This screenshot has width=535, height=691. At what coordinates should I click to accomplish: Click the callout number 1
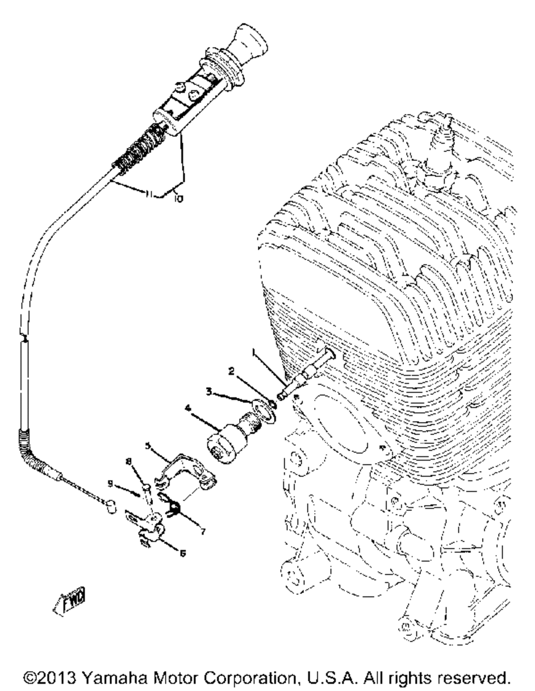tap(254, 352)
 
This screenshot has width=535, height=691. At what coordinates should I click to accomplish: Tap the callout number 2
tap(232, 371)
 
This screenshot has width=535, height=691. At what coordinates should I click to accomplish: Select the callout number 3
tap(209, 391)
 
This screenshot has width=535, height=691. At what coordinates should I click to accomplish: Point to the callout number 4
tap(188, 408)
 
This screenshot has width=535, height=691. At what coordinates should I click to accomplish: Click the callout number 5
tap(148, 446)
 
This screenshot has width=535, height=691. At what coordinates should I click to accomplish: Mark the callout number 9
tap(110, 483)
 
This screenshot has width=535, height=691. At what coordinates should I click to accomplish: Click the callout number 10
tap(179, 199)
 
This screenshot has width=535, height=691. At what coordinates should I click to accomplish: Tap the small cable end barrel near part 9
tap(111, 506)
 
